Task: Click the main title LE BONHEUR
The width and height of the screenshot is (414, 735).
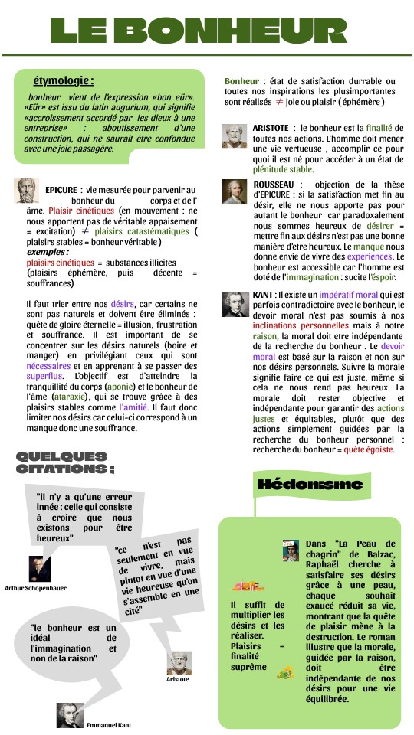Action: pos(207,31)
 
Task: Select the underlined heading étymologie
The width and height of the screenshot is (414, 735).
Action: pos(64,81)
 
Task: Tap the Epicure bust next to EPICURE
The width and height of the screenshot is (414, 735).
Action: pos(27,191)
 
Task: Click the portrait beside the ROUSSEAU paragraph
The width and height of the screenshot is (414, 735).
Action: pos(235,192)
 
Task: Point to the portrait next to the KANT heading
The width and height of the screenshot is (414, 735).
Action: pos(235,305)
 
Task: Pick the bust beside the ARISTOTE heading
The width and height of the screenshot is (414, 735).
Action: pos(235,136)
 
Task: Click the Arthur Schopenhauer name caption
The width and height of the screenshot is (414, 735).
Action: pos(35,588)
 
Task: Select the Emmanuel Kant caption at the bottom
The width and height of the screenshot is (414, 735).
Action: pos(108,724)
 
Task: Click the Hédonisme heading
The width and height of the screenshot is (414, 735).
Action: pos(310,485)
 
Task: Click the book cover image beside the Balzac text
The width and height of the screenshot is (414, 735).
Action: pos(290,550)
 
